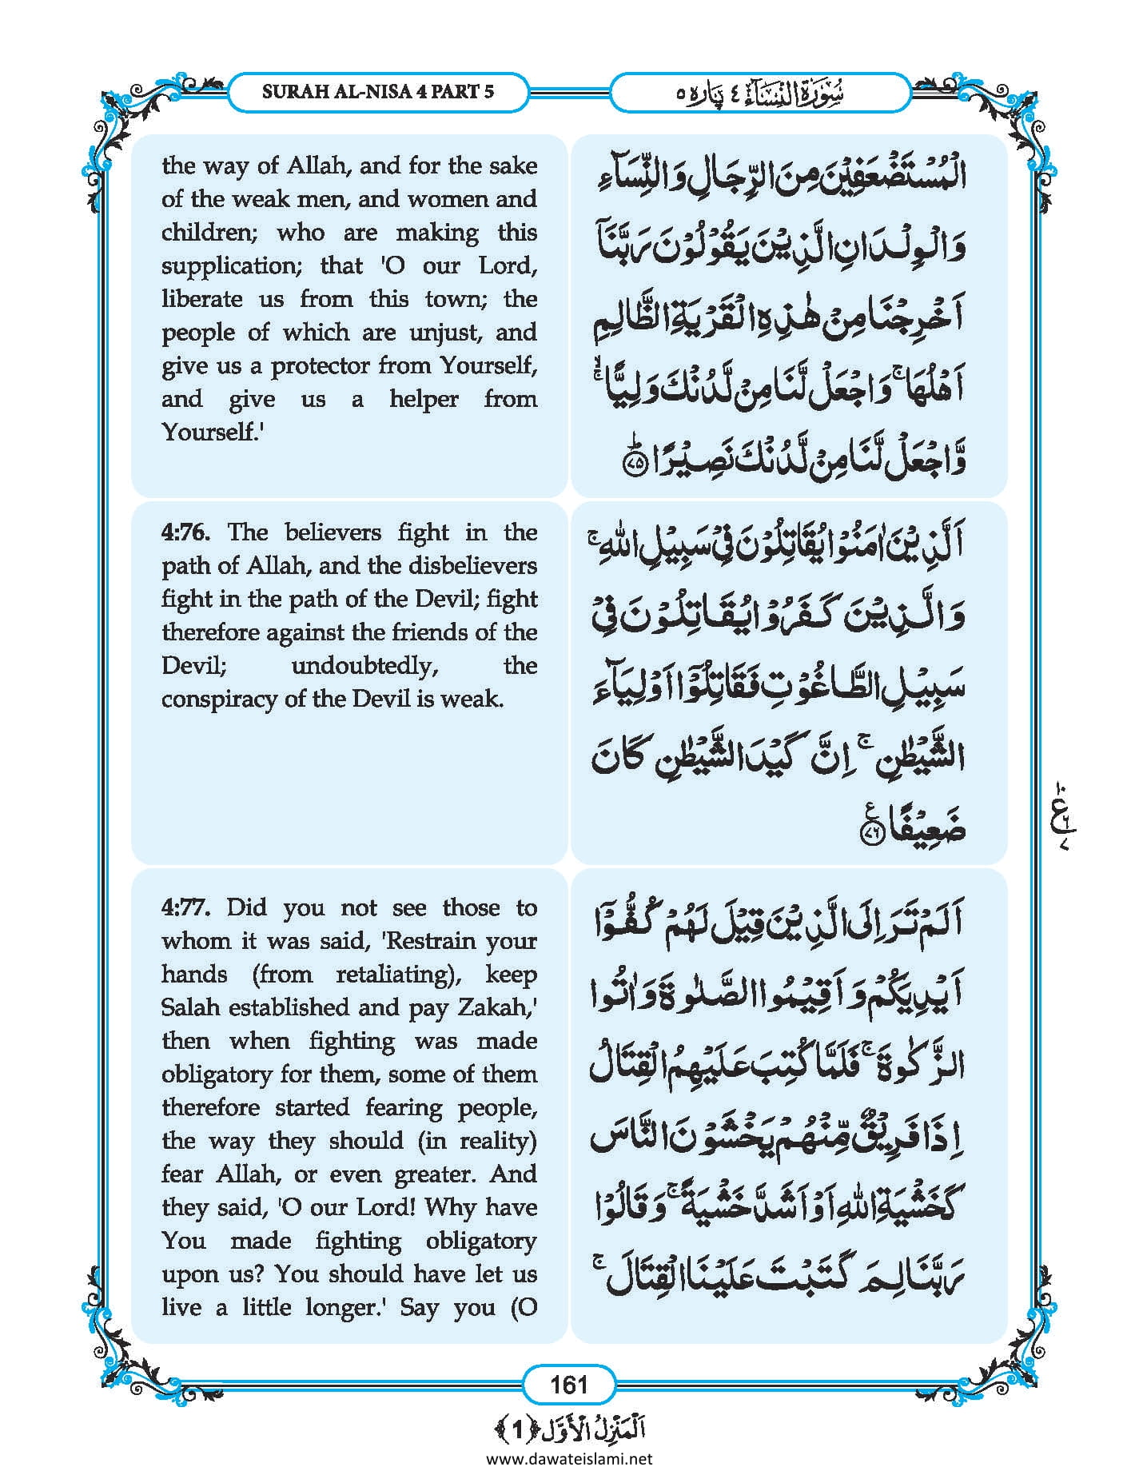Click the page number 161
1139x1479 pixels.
pyautogui.click(x=568, y=1384)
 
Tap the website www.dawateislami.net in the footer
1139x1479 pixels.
pyautogui.click(x=569, y=1459)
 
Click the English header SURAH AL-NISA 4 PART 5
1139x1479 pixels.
pyautogui.click(x=378, y=91)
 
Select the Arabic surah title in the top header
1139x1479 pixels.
pyautogui.click(x=760, y=93)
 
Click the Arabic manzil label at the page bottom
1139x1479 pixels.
pyautogui.click(x=569, y=1428)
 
